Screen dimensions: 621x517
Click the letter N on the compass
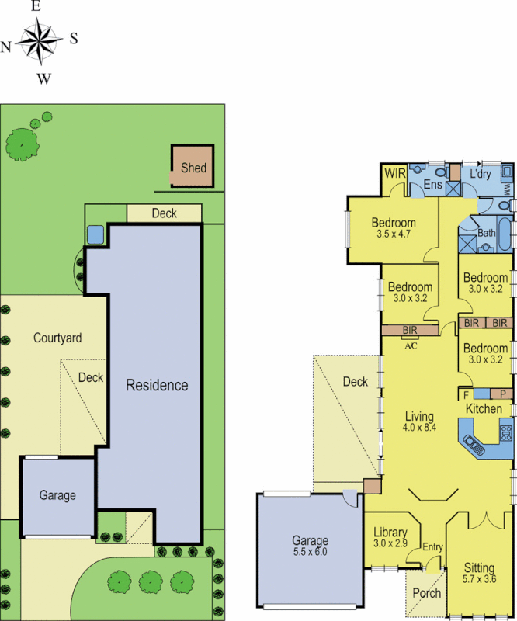pos(6,46)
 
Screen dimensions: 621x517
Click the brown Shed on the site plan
pos(193,167)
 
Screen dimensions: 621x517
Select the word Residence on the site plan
pos(157,385)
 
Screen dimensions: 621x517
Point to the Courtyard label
pos(57,338)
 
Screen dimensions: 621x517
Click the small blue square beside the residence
pos(95,234)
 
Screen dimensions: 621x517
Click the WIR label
pos(394,172)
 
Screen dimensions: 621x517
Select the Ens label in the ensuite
pos(432,185)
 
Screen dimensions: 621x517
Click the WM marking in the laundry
pos(506,189)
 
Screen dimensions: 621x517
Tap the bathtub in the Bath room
pos(505,234)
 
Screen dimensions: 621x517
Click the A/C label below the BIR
pos(411,345)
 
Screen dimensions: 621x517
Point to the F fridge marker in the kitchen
pos(464,394)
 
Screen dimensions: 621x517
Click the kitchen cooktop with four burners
pos(505,434)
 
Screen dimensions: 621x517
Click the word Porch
pos(426,593)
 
